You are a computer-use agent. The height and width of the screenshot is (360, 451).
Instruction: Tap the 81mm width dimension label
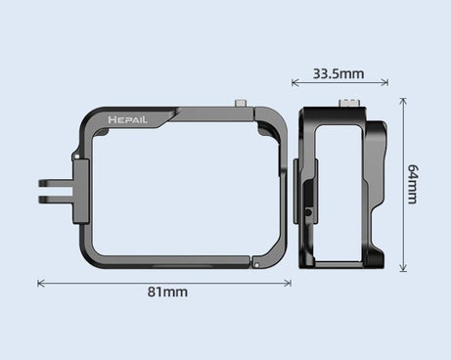pyautogui.click(x=167, y=292)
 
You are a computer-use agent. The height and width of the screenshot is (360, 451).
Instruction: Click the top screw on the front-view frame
pyautogui.click(x=240, y=103)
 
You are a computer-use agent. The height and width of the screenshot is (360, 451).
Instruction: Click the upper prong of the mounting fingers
pyautogui.click(x=52, y=182)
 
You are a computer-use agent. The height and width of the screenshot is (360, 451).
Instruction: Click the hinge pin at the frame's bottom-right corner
pyautogui.click(x=253, y=261)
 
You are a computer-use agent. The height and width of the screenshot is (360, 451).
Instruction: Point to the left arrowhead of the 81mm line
pyautogui.click(x=40, y=283)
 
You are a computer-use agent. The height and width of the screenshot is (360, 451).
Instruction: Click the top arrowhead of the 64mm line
pyautogui.click(x=402, y=100)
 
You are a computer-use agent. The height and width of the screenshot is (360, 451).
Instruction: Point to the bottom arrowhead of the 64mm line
pyautogui.click(x=402, y=267)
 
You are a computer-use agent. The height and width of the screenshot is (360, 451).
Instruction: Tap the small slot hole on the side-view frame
pyautogui.click(x=307, y=211)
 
